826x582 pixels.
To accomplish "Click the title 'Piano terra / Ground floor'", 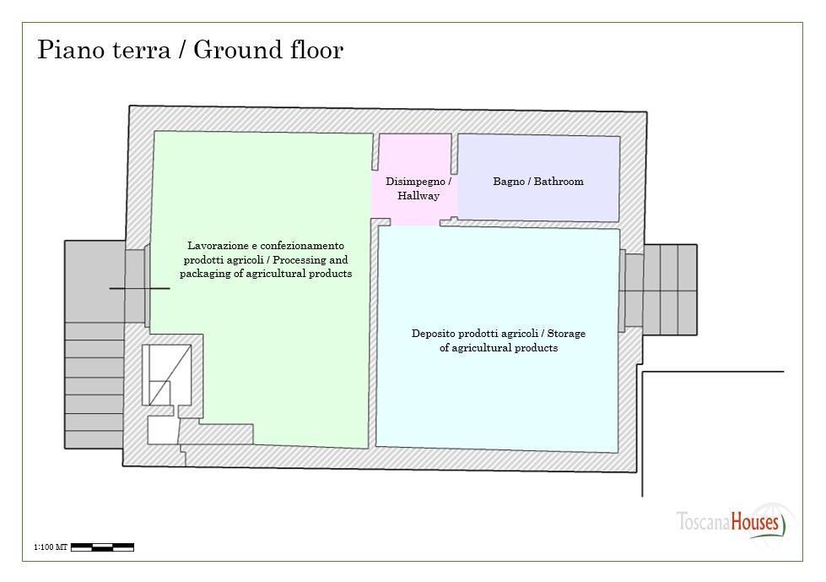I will [x=191, y=51].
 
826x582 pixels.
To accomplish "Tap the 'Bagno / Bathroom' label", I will [x=537, y=182].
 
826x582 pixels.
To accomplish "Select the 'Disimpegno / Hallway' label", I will [x=418, y=188].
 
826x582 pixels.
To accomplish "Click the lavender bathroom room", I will [x=537, y=203].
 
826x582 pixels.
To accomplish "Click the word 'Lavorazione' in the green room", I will [x=215, y=245].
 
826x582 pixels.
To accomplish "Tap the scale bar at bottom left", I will [x=102, y=547].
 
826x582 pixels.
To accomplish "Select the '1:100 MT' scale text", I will [x=50, y=548].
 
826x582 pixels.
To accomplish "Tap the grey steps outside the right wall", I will [x=670, y=289].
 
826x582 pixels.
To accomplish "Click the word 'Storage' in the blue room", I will [x=565, y=334].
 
